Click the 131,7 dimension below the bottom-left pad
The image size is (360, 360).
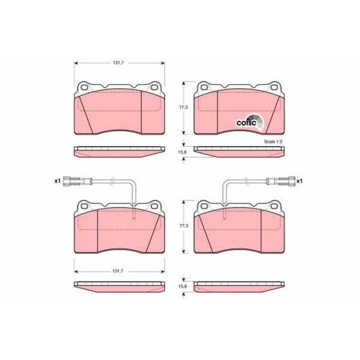pyautogui.click(x=119, y=271)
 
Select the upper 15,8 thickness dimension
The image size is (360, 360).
pyautogui.click(x=183, y=152)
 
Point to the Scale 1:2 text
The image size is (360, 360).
pyautogui.click(x=274, y=142)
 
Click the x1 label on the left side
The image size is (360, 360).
pyautogui.click(x=57, y=181)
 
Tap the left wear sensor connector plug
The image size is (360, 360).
pyautogui.click(x=73, y=181)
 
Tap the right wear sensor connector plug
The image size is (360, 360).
pyautogui.click(x=282, y=181)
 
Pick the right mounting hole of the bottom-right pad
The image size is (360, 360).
pyautogui.click(x=273, y=207)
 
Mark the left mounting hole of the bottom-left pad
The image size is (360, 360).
pyautogui.click(x=84, y=207)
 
